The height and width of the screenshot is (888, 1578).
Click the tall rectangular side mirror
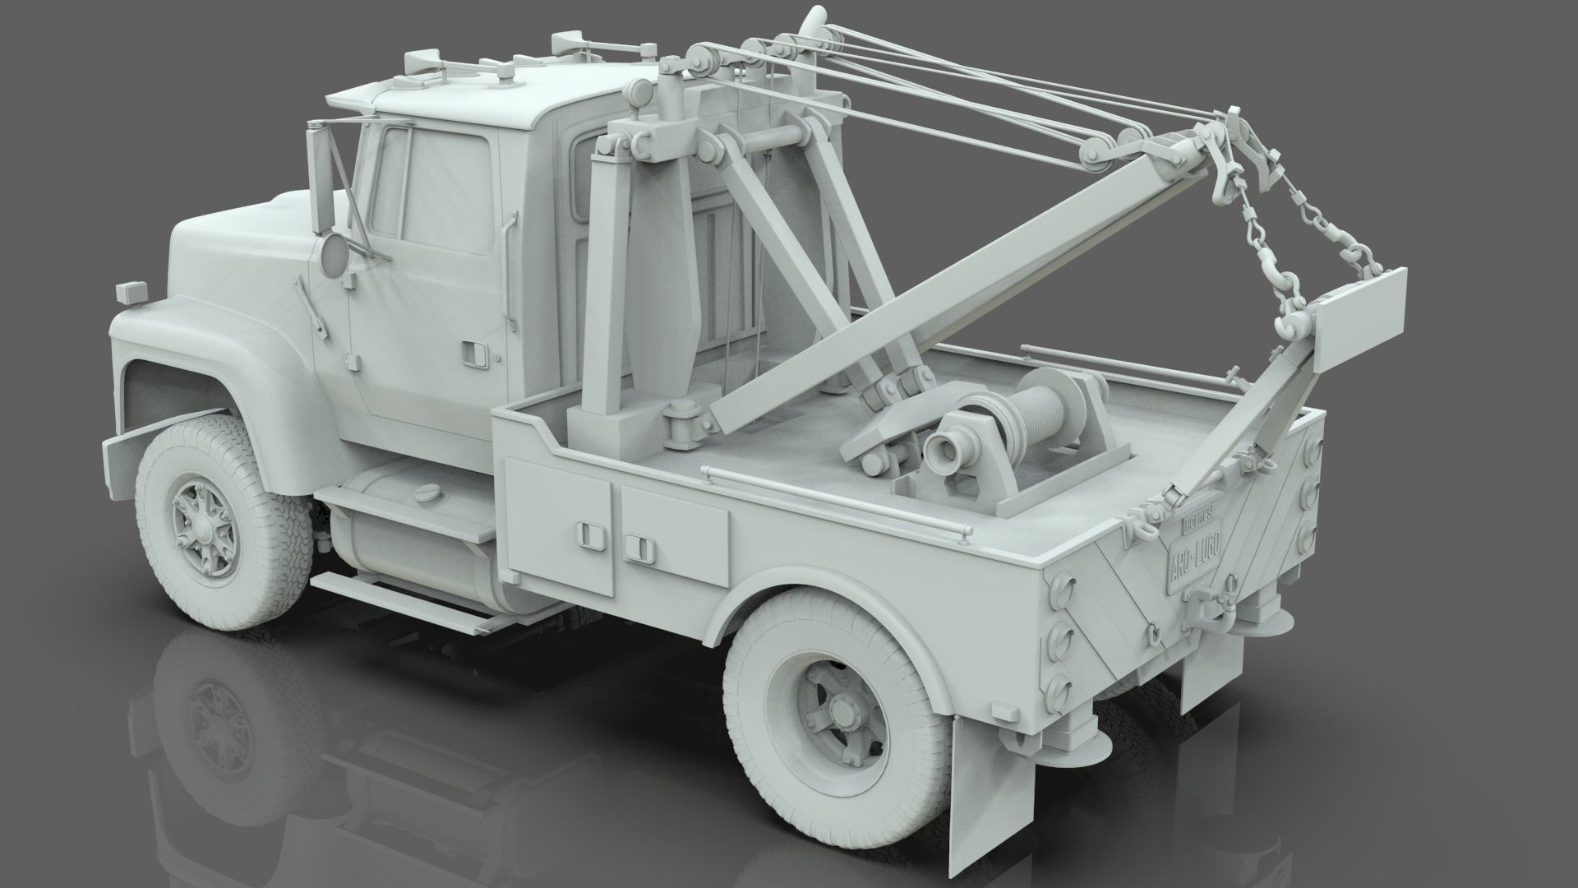[x=320, y=178]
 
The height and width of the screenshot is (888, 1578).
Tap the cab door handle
[x=472, y=351]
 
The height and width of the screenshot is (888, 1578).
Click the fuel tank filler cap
[x=428, y=492]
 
